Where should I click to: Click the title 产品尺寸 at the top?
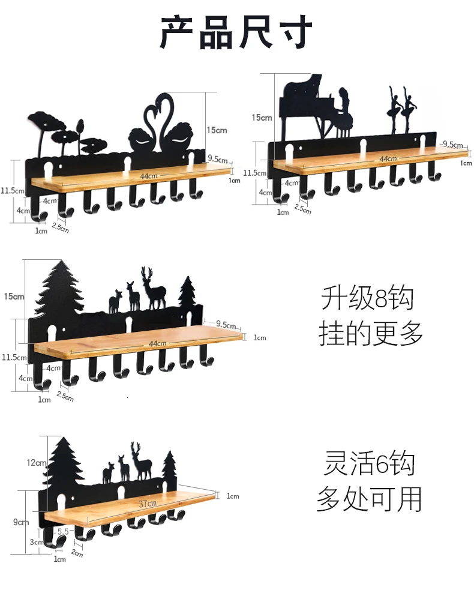click(236, 32)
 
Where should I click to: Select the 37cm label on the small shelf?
click(148, 504)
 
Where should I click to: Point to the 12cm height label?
click(37, 462)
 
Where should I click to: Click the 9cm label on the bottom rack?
click(21, 522)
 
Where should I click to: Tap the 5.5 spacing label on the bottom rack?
click(63, 531)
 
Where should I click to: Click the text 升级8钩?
click(367, 298)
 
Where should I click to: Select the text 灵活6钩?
click(369, 463)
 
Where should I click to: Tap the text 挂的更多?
click(371, 333)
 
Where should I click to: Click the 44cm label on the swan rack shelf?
click(149, 176)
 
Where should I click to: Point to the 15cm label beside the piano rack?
click(262, 118)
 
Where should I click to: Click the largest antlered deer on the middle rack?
click(153, 288)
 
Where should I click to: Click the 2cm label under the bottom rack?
click(77, 552)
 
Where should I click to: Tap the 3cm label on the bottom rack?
click(37, 542)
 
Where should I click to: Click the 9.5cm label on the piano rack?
click(452, 144)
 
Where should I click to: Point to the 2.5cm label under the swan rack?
click(60, 227)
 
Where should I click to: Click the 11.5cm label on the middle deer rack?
click(14, 357)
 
